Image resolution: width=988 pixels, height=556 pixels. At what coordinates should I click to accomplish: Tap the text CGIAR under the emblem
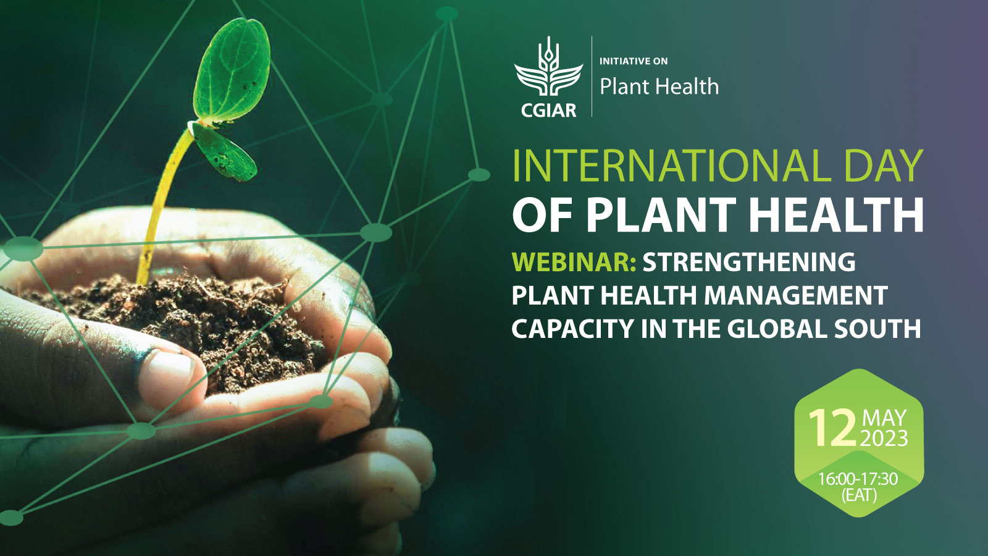pyautogui.click(x=548, y=111)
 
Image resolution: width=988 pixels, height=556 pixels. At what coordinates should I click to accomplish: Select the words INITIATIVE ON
pyautogui.click(x=634, y=61)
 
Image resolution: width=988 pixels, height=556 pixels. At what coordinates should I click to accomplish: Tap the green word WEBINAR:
pyautogui.click(x=574, y=263)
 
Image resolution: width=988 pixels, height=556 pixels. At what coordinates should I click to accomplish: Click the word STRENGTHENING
pyautogui.click(x=749, y=263)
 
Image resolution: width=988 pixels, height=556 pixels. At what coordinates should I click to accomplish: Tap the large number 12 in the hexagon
pyautogui.click(x=832, y=428)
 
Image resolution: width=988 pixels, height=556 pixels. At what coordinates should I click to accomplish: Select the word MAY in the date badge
pyautogui.click(x=884, y=418)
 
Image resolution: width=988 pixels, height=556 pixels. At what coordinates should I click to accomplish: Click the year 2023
pyautogui.click(x=884, y=439)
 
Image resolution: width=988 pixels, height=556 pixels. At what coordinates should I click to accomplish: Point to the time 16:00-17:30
pyautogui.click(x=858, y=479)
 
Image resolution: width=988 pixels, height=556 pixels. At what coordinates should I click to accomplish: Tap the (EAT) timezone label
pyautogui.click(x=858, y=495)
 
